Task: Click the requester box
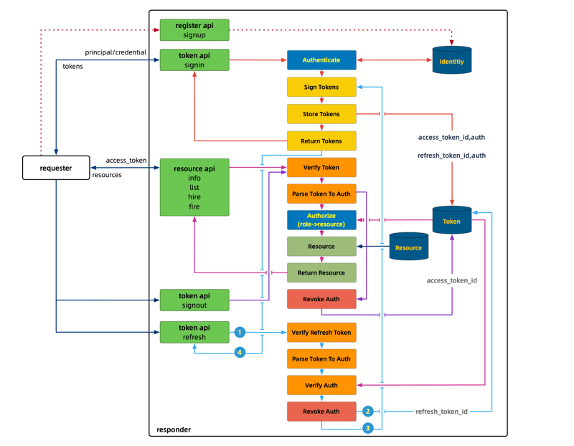pos(56,168)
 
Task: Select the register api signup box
pos(194,30)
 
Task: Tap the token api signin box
pos(194,60)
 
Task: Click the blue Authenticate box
pos(321,60)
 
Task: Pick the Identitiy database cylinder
pos(452,61)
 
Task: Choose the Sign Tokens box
pos(321,87)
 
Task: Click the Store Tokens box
pos(321,114)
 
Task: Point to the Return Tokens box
pos(321,141)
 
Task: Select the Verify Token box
pos(321,168)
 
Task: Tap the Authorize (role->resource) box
pos(321,220)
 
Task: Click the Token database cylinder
pos(452,221)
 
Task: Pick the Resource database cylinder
pos(408,247)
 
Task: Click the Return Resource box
pos(321,272)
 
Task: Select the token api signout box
pos(194,300)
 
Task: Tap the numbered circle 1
pos(240,332)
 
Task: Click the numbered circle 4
pos(240,352)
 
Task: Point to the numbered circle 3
pos(368,428)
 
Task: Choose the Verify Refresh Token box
pos(321,333)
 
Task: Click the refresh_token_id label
pos(441,412)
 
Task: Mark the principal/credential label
pos(116,52)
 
